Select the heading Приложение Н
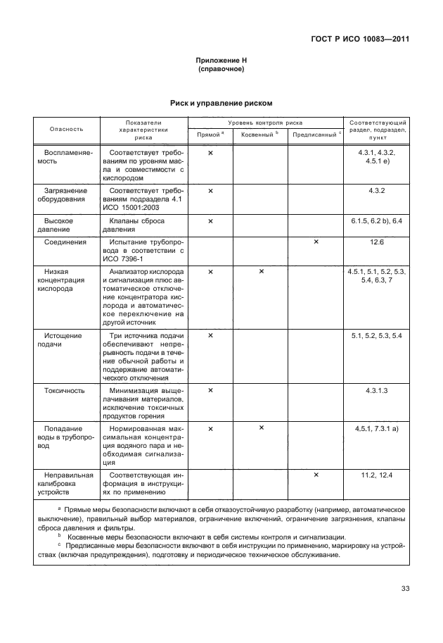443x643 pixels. (x=222, y=61)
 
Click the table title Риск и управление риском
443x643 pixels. (x=222, y=104)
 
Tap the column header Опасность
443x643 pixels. (x=66, y=129)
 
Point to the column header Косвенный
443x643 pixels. (x=259, y=134)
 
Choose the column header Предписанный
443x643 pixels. (x=315, y=134)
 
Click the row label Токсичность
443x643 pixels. (x=65, y=389)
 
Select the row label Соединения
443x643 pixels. (x=65, y=242)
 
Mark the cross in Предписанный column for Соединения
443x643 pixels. (x=316, y=242)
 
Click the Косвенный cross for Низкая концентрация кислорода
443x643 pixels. (x=261, y=271)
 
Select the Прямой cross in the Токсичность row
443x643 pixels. (x=210, y=389)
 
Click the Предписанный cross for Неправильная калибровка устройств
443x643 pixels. (x=316, y=475)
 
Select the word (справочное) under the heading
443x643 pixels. (x=222, y=70)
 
